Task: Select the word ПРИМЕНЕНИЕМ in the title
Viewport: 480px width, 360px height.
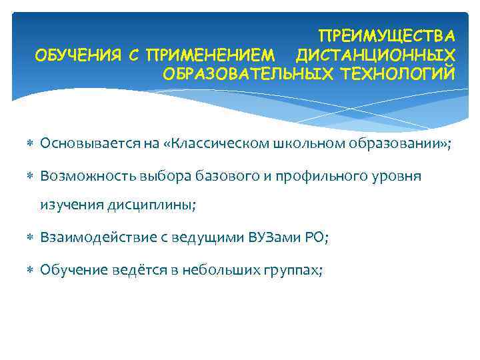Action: point(211,53)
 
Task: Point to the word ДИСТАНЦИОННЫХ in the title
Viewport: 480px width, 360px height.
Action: point(376,53)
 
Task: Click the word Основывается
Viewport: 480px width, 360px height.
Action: point(81,143)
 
